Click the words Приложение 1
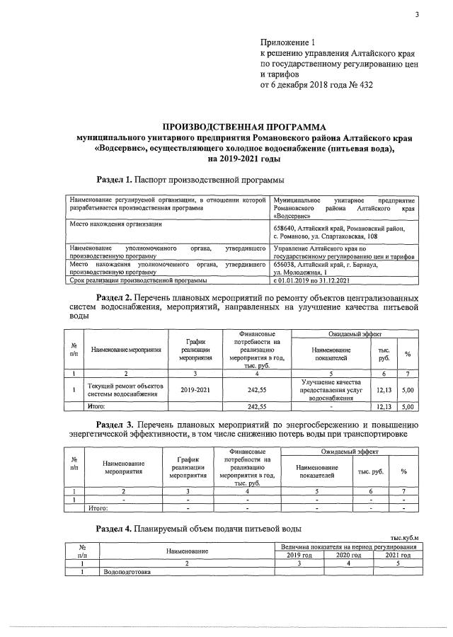(288, 42)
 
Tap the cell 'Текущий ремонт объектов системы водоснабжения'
(125, 389)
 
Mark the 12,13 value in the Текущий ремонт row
(384, 389)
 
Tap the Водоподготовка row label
(127, 572)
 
